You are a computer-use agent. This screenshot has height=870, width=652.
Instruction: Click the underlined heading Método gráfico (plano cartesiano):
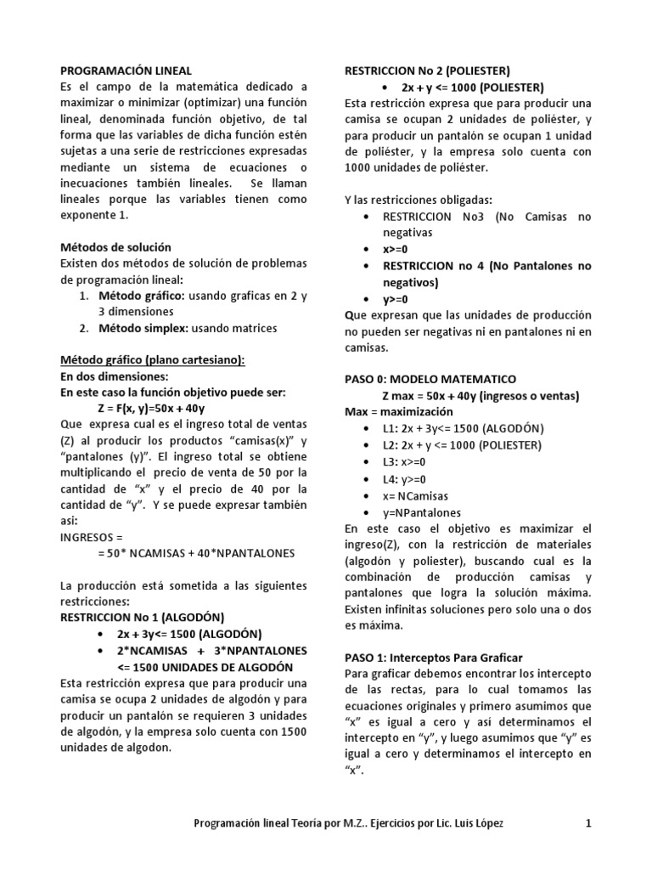click(152, 360)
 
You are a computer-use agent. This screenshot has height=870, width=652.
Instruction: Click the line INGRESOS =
click(92, 537)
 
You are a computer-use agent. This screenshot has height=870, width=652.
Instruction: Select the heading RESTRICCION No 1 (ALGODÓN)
click(143, 618)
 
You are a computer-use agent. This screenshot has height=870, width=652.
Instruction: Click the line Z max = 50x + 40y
click(481, 395)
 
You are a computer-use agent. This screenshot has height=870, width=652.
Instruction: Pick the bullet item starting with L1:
click(464, 428)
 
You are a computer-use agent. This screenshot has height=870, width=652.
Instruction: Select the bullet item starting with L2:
click(462, 444)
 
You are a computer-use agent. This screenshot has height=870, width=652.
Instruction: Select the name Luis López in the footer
click(481, 822)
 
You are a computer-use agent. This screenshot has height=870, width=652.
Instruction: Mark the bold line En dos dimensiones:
click(114, 376)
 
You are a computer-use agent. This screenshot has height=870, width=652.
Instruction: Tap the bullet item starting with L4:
click(405, 478)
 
